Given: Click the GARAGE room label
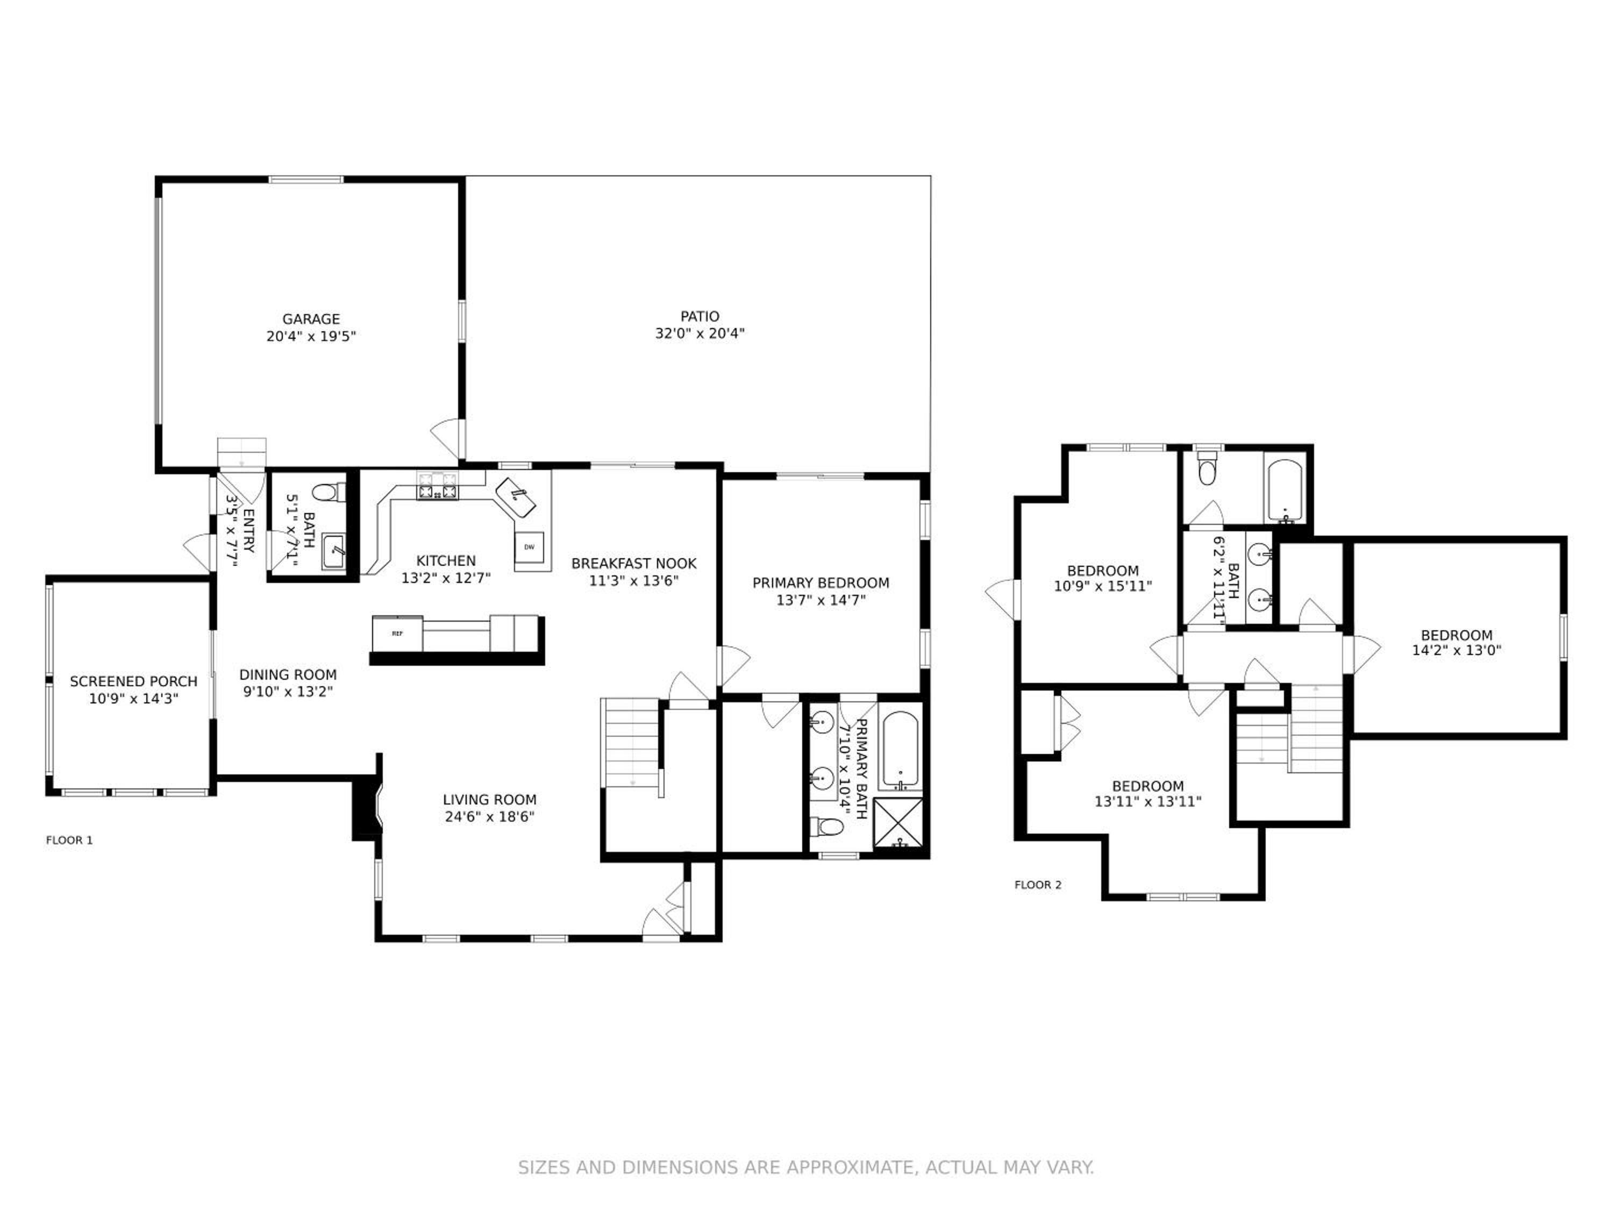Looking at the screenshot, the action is pos(311,319).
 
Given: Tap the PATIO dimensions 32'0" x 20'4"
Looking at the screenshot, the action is pos(700,334).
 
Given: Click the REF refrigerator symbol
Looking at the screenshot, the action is pos(397,633).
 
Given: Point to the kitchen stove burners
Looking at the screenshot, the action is pos(438,486).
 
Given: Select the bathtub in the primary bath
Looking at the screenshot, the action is pos(901,751).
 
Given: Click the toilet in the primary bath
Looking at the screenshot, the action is pos(827,827).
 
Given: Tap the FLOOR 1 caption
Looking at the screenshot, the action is pos(69,840).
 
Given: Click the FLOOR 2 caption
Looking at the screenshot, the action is pos(1038,885).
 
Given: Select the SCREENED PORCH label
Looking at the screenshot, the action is pos(133,681).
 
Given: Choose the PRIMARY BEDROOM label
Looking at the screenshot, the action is pos(820,583).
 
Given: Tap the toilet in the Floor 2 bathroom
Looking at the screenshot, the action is pos(1208,467).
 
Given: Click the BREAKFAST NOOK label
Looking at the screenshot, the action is pos(634,563).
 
